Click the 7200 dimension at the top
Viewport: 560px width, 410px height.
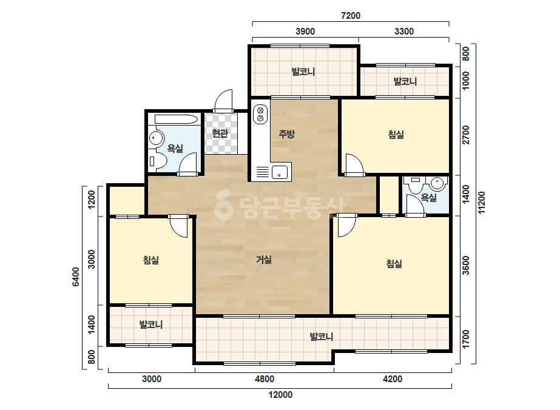351,16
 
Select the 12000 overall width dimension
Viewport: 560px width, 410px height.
280,395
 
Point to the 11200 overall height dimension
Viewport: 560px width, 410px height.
481,203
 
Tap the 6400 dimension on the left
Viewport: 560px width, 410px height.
76,277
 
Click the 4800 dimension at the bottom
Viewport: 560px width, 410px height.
265,379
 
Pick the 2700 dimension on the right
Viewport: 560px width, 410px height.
466,135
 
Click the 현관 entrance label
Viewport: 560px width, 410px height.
220,133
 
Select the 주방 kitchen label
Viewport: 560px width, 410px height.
286,134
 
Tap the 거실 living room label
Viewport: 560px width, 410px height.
263,260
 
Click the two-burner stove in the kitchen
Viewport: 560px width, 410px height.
260,114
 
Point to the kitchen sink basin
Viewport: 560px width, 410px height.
280,172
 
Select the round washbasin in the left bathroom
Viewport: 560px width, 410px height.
156,138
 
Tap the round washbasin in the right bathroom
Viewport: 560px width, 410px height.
438,184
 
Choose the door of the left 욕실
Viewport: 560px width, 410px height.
187,164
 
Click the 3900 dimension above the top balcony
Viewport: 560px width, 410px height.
305,32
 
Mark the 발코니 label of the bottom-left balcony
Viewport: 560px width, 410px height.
151,324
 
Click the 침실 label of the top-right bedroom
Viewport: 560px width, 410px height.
396,135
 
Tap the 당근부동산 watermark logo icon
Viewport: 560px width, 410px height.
223,205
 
